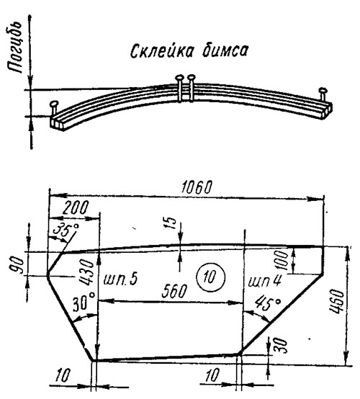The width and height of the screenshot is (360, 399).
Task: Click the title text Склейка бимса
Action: pyautogui.click(x=189, y=50)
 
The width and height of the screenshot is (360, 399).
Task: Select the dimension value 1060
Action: pyautogui.click(x=197, y=187)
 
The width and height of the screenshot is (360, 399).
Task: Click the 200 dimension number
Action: pyautogui.click(x=76, y=208)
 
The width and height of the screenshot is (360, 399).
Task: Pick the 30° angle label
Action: pyautogui.click(x=84, y=302)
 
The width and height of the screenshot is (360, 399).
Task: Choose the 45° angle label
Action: pyautogui.click(x=268, y=302)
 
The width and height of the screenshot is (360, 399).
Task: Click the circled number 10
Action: pyautogui.click(x=211, y=277)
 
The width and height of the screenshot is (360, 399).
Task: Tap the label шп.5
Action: pyautogui.click(x=120, y=279)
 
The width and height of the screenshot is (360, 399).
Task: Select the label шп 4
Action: pyautogui.click(x=264, y=281)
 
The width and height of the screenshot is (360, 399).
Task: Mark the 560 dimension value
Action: pyautogui.click(x=174, y=291)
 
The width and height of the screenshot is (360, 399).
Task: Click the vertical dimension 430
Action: pyautogui.click(x=86, y=272)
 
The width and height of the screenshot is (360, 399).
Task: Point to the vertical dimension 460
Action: pyautogui.click(x=336, y=301)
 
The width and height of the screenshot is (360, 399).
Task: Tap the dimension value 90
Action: pyautogui.click(x=18, y=265)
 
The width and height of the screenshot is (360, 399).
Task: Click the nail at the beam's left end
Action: pyautogui.click(x=54, y=107)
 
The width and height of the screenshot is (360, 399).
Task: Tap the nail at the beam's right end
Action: pyautogui.click(x=323, y=94)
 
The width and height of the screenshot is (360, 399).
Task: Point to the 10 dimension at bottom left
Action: pyautogui.click(x=63, y=375)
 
